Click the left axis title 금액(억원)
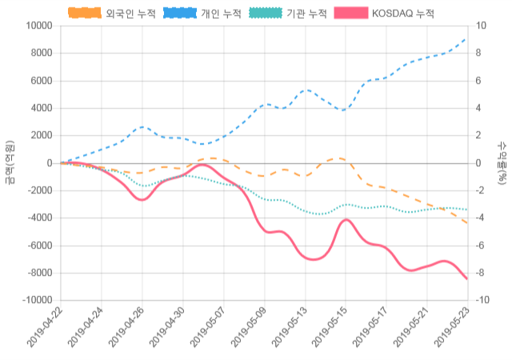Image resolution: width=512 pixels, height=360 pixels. (x=10, y=162)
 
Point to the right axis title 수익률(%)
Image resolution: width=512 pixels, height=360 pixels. (x=502, y=162)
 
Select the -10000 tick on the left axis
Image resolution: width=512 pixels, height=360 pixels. (x=35, y=300)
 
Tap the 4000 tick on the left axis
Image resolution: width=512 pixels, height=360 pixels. (x=39, y=108)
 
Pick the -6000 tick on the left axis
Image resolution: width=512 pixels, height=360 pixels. (x=38, y=246)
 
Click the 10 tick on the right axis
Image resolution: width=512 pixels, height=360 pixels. (x=480, y=26)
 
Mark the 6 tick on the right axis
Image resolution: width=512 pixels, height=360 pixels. (x=478, y=81)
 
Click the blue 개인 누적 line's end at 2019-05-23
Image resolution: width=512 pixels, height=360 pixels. (x=467, y=38)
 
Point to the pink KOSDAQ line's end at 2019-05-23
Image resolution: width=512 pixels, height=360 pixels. (x=467, y=279)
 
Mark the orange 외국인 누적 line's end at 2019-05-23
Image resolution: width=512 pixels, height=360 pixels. (x=467, y=223)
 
